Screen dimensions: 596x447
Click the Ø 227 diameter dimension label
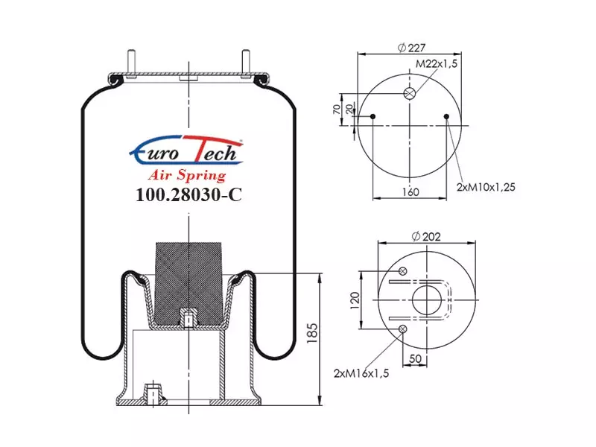[411, 48]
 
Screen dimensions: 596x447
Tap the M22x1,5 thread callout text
[437, 63]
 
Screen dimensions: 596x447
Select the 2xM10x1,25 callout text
[486, 187]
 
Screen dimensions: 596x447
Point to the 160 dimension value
[410, 192]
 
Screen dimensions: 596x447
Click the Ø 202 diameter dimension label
[426, 236]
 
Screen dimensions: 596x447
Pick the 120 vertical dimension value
[355, 300]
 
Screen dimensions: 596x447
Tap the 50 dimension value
[415, 358]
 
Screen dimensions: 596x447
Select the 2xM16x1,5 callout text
[361, 373]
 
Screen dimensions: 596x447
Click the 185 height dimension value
[312, 333]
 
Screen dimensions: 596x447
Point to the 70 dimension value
[337, 110]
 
